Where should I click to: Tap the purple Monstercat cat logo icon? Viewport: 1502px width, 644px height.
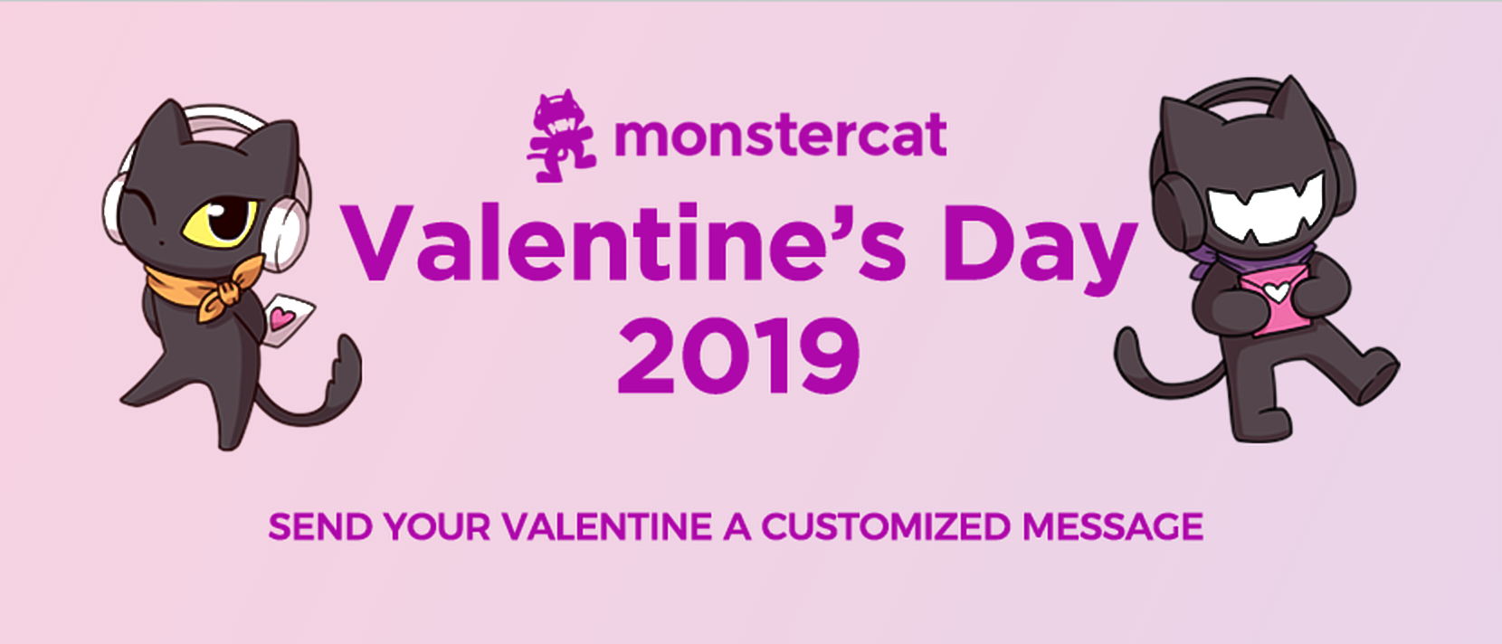click(561, 136)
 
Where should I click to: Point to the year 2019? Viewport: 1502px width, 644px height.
click(738, 356)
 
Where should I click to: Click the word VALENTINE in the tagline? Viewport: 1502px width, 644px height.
click(607, 527)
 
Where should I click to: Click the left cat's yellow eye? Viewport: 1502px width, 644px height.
click(222, 219)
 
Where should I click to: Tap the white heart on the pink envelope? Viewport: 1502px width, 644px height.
click(1276, 292)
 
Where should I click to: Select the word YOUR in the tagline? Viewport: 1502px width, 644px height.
click(436, 527)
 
